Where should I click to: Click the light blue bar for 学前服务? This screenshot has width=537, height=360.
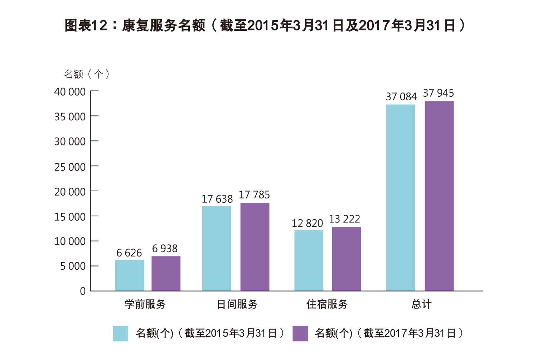(130, 275)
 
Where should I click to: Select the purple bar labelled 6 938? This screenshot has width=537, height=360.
(166, 273)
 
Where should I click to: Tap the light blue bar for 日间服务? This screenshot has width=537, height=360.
(217, 248)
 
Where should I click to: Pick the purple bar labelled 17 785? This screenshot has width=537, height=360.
(255, 247)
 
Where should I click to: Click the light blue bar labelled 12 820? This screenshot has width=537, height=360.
(309, 260)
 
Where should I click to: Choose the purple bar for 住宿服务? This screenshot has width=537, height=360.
(346, 259)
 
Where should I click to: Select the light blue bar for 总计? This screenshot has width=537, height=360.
(400, 197)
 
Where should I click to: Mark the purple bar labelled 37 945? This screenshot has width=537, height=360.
(439, 196)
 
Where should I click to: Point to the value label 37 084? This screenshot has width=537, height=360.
(401, 97)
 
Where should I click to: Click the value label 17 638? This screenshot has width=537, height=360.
(217, 199)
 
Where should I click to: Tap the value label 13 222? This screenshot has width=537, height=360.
(344, 219)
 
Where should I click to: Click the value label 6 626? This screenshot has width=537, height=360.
(129, 253)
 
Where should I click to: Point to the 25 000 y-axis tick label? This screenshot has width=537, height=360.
(70, 167)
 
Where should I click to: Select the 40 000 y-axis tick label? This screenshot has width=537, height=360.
(70, 92)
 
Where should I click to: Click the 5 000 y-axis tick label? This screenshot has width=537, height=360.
(73, 266)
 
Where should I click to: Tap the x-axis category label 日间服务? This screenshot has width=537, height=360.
(237, 304)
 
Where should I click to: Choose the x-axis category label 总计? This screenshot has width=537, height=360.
(421, 304)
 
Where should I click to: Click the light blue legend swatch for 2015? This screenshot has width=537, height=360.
(120, 333)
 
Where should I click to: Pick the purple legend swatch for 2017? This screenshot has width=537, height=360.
(300, 333)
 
